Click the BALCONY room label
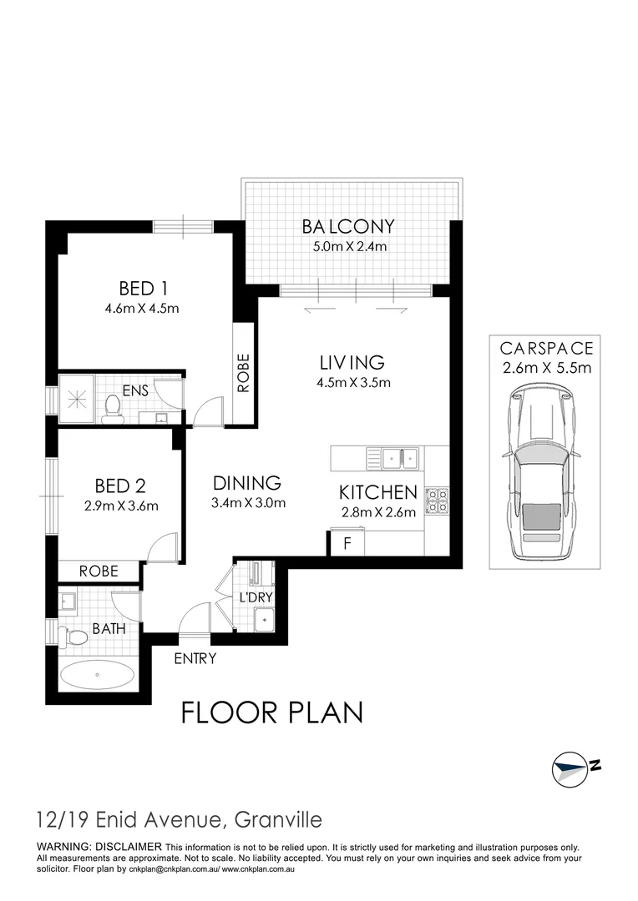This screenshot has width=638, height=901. (348, 226)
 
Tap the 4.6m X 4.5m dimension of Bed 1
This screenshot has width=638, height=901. (144, 308)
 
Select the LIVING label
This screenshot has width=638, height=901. (352, 363)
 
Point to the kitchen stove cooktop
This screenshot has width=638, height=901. (437, 501)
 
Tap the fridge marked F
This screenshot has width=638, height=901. (347, 543)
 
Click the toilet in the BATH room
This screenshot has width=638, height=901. (76, 638)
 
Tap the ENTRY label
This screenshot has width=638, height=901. (195, 659)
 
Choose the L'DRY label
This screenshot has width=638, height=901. (256, 598)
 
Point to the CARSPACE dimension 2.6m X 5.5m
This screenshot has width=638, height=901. (546, 368)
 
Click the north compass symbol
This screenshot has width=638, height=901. (574, 766)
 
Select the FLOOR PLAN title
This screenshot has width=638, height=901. (272, 713)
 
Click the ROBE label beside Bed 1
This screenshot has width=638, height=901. (244, 373)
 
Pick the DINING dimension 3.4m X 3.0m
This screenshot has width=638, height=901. (249, 502)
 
